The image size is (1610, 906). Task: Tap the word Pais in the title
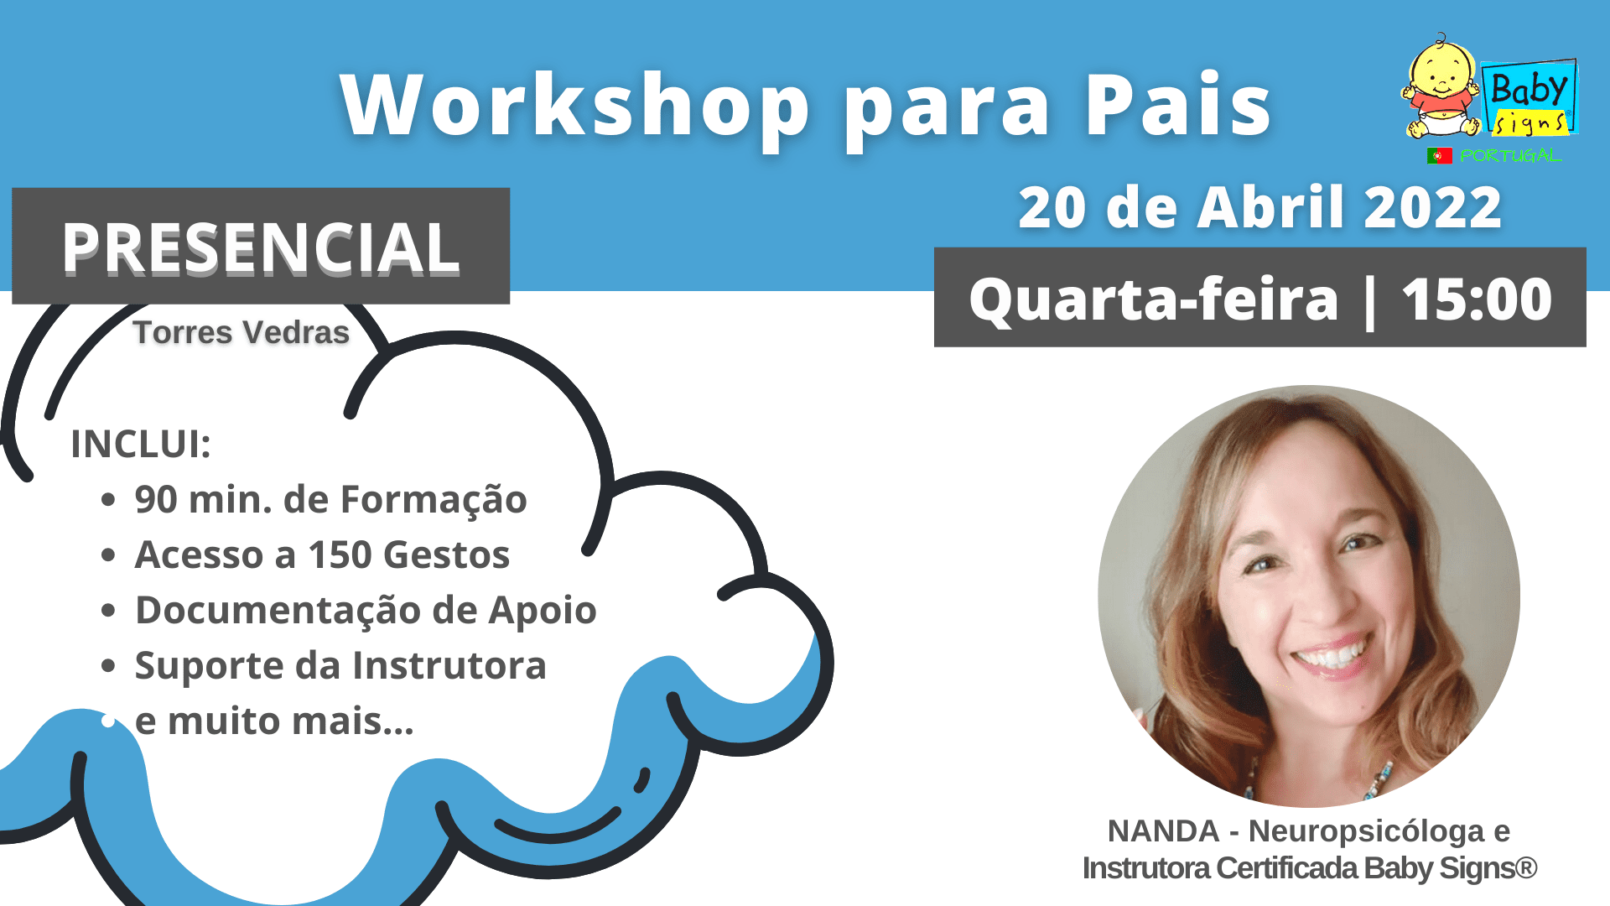[1179, 104]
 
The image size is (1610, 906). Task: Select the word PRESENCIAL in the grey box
[261, 247]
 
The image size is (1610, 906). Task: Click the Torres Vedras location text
[241, 332]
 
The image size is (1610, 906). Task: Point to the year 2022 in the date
[1432, 207]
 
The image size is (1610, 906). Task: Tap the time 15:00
[1477, 299]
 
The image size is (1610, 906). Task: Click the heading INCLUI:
[141, 444]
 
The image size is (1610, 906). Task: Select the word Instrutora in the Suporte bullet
[449, 665]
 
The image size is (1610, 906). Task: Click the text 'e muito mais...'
[274, 721]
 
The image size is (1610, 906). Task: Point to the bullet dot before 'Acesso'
[108, 555]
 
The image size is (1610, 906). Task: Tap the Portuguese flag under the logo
[1439, 156]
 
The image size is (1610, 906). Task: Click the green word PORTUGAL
[1509, 156]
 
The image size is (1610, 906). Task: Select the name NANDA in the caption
[1163, 831]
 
